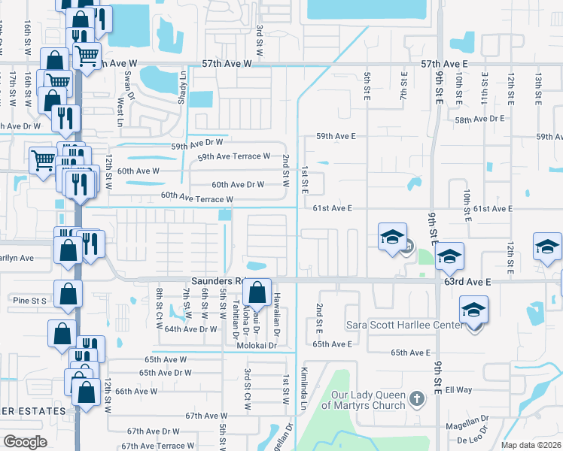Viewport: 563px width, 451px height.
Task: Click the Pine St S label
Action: click(29, 300)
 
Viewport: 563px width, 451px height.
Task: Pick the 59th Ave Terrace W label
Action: click(233, 156)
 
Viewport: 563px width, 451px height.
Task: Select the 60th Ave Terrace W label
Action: click(196, 198)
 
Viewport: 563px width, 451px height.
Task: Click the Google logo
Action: click(25, 441)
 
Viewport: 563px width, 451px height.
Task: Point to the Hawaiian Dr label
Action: click(277, 314)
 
